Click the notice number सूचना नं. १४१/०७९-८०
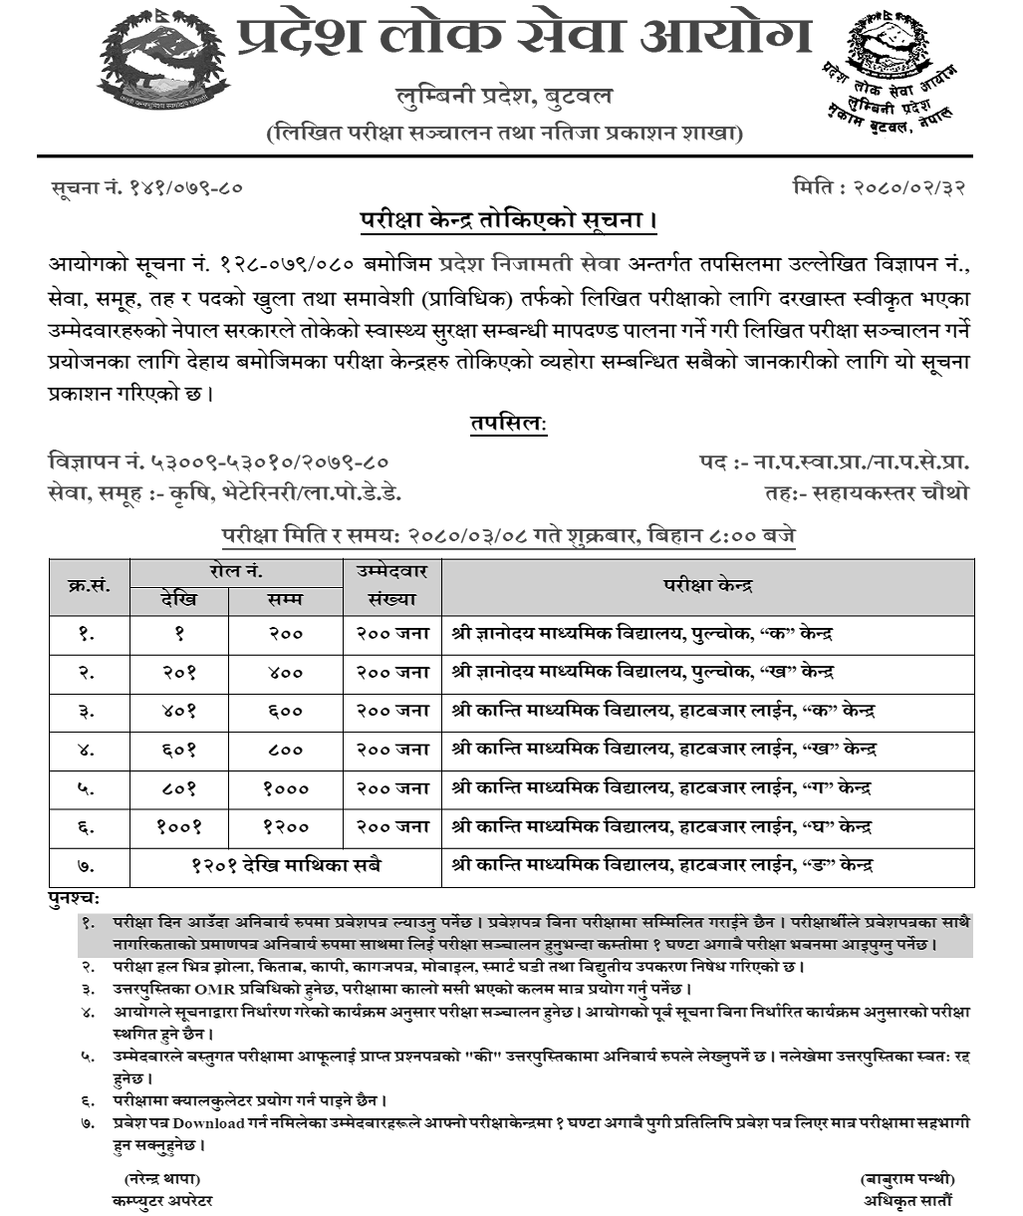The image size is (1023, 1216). point(146,186)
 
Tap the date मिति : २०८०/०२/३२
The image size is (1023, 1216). point(880,186)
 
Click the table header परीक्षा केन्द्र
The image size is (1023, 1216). point(708,586)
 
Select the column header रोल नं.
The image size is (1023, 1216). point(236,572)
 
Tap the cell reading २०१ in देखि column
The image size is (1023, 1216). point(179,673)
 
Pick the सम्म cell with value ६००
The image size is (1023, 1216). point(286,712)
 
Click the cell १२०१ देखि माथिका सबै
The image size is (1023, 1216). point(286,865)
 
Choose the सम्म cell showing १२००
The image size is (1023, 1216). point(286,826)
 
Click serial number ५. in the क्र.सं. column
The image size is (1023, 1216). point(88,788)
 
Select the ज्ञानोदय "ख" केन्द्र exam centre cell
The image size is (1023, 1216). point(641,673)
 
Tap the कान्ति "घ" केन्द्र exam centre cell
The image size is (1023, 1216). point(661,826)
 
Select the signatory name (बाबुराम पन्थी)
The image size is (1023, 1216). point(905,1179)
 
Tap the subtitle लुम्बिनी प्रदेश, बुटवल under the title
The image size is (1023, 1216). point(503,98)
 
